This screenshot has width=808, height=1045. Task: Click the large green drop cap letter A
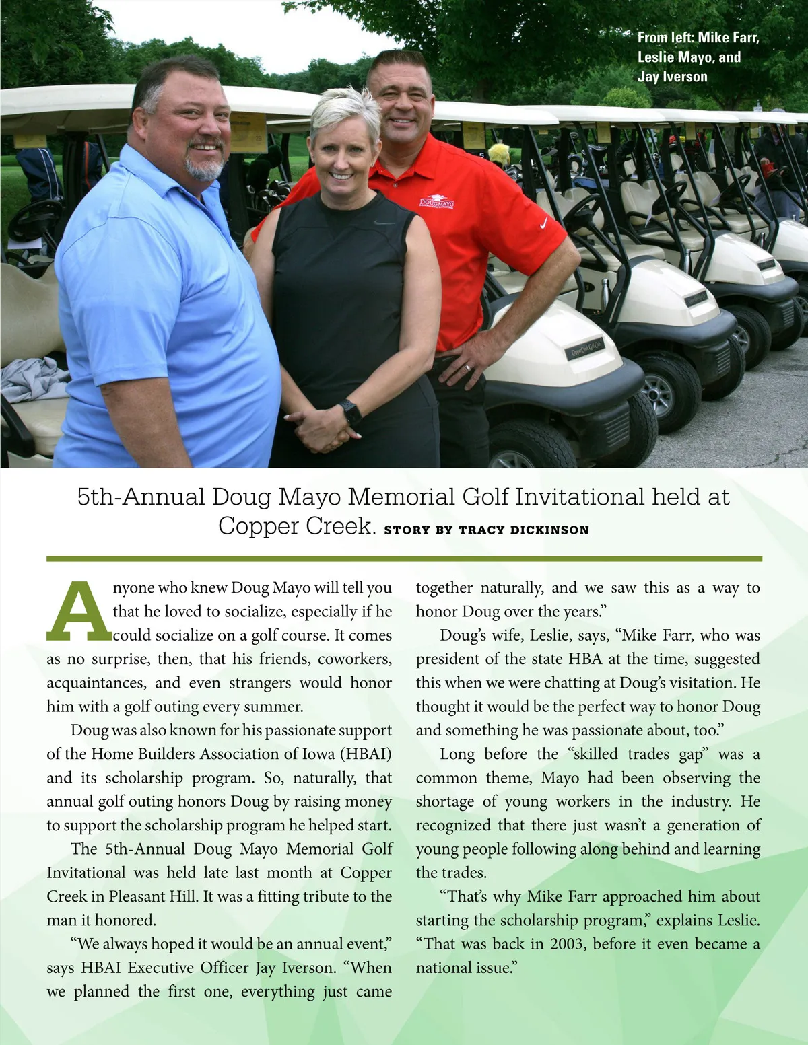point(79,611)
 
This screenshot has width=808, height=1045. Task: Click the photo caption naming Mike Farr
point(698,38)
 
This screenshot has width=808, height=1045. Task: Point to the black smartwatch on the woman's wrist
point(350,411)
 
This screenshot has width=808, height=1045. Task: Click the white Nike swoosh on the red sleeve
point(543,223)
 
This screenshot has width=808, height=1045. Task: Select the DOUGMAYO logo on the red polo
point(437,202)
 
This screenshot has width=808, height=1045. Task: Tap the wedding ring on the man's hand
point(468,367)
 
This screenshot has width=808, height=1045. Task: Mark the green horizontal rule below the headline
point(404,558)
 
